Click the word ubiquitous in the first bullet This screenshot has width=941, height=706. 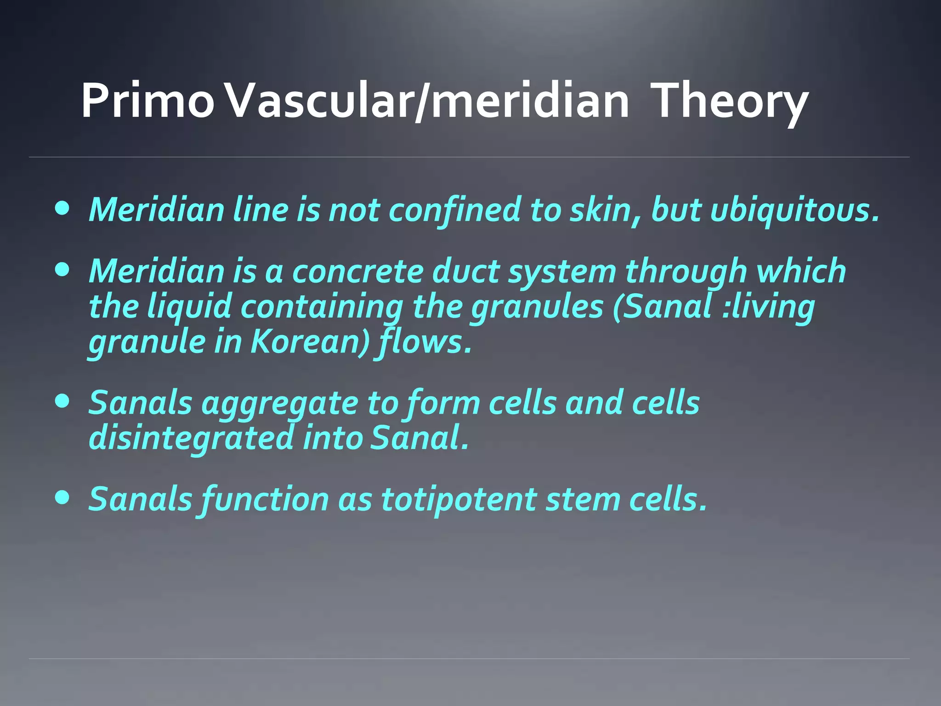click(795, 210)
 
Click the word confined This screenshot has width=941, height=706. click(455, 210)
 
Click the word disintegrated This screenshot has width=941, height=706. click(191, 438)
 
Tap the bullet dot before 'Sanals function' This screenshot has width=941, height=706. click(62, 497)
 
